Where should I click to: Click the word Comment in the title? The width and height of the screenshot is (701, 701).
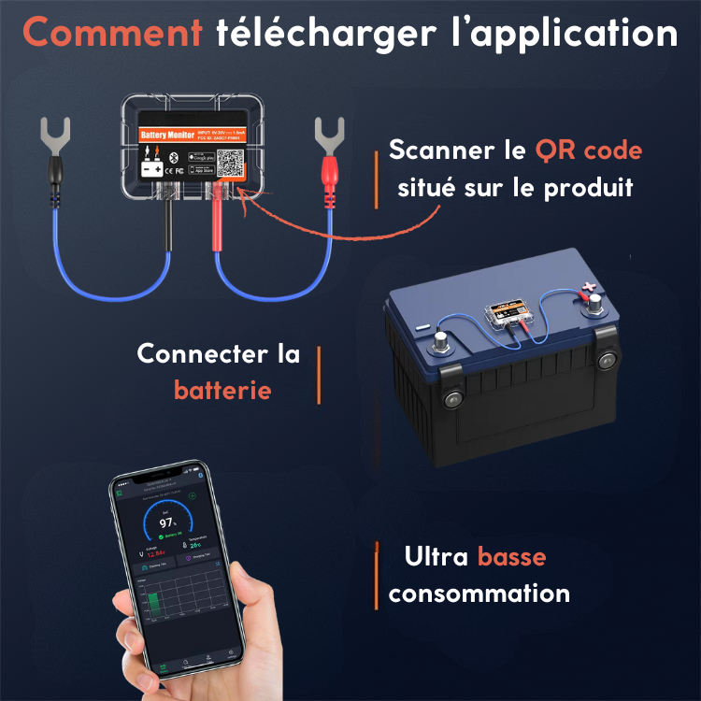pos(112,34)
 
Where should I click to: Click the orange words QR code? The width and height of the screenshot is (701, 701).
pos(588,150)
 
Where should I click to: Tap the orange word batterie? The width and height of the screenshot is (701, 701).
pos(222,390)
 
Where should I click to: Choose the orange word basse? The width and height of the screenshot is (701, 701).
pos(511,558)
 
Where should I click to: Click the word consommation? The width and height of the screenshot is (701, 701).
pos(479,594)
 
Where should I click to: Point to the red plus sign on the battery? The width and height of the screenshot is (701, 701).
pos(586,290)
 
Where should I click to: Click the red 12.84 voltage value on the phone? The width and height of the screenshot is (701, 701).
pos(156,553)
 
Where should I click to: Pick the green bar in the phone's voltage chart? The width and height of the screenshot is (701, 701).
pos(156,604)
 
